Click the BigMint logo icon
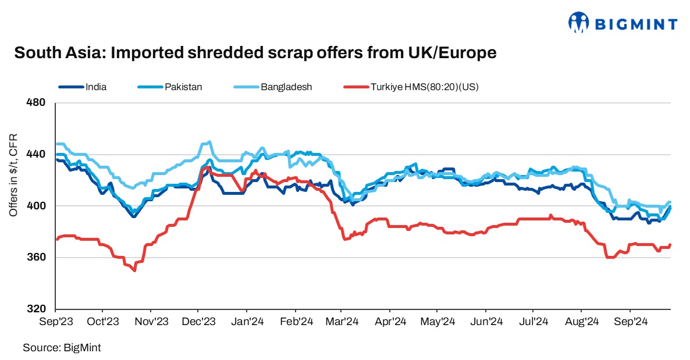point(578,23)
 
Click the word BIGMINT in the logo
point(636,24)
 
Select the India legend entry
point(96,87)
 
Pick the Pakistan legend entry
point(183,87)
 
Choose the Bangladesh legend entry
point(286,87)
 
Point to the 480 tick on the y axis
point(37,103)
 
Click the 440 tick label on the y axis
point(37,155)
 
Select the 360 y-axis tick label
point(37,258)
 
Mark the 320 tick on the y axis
point(37,309)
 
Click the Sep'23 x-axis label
point(56,321)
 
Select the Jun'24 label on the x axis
point(486,321)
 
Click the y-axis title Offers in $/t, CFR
point(13,175)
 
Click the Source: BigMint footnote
point(62,348)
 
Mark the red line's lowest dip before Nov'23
point(135,270)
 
